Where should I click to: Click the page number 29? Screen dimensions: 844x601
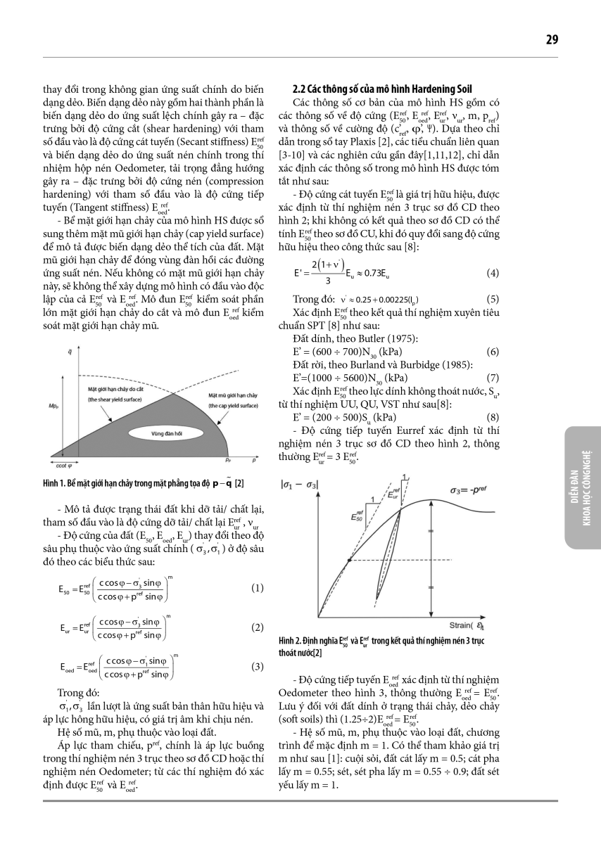click(x=551, y=39)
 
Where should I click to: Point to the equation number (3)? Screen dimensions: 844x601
click(x=257, y=666)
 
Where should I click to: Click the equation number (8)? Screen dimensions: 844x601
click(x=493, y=416)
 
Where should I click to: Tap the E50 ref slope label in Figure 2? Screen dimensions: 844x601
click(x=360, y=516)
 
